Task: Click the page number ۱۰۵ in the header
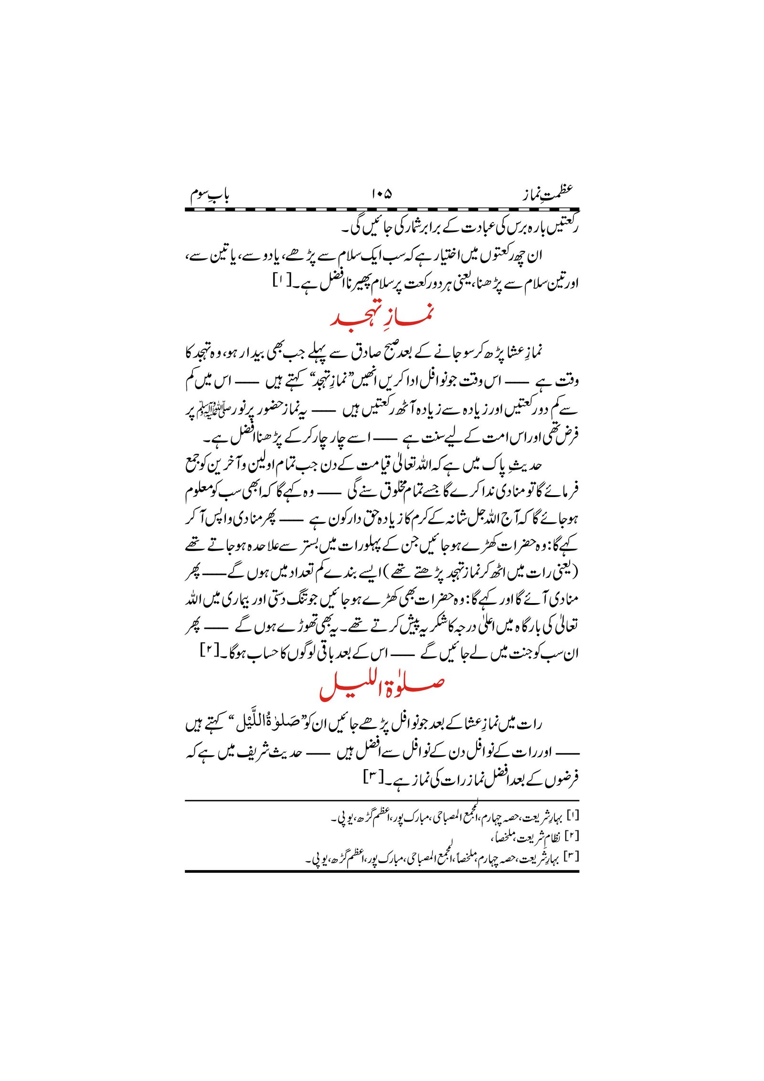pyautogui.click(x=381, y=194)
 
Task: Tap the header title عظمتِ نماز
pyautogui.click(x=547, y=194)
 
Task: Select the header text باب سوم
pyautogui.click(x=210, y=194)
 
